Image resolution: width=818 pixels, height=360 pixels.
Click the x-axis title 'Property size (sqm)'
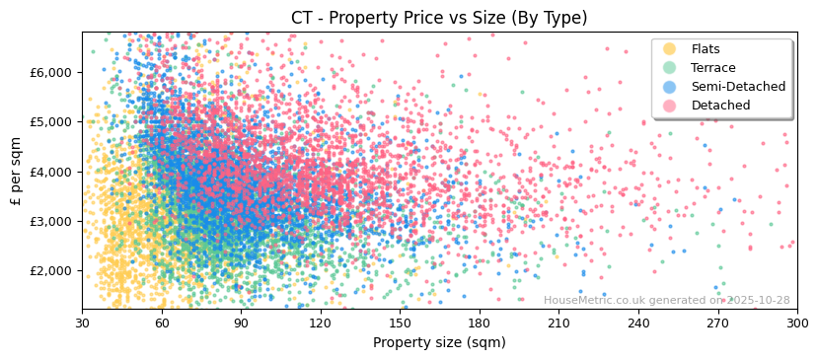(439, 343)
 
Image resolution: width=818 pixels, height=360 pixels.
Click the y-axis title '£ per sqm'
(16, 171)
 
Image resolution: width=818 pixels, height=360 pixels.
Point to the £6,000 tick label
(51, 72)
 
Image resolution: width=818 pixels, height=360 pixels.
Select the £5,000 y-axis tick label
(51, 121)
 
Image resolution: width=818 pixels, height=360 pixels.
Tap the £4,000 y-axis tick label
(51, 172)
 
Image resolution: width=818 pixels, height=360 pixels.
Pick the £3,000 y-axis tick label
(51, 221)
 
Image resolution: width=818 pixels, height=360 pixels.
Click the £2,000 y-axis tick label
(51, 270)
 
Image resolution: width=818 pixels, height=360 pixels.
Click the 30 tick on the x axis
(82, 323)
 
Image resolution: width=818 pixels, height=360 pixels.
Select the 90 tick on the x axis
(241, 323)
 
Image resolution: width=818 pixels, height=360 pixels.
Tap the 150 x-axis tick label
(400, 323)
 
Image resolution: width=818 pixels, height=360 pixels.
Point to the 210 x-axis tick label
(558, 323)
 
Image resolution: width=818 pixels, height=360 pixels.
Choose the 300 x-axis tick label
(796, 323)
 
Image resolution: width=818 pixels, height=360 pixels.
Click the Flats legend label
(705, 49)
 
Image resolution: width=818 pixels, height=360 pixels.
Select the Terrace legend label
(712, 68)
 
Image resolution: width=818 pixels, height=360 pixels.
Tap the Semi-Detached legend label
(738, 87)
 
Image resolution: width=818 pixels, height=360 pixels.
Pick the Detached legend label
(720, 106)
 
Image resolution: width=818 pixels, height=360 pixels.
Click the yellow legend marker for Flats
(669, 49)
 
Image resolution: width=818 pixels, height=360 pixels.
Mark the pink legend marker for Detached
(669, 106)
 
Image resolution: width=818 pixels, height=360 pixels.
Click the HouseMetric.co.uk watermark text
(666, 301)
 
